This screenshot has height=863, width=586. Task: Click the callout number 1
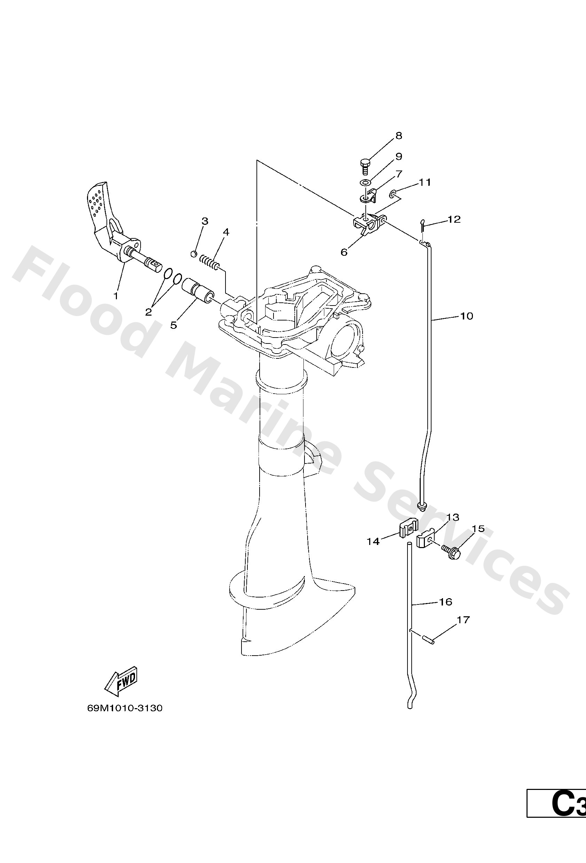(116, 296)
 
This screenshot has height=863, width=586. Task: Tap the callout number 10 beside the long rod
(466, 316)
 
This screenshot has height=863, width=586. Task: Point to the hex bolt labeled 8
(364, 165)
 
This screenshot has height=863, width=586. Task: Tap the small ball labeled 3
(193, 254)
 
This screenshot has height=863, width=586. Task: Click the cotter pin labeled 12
(422, 225)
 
